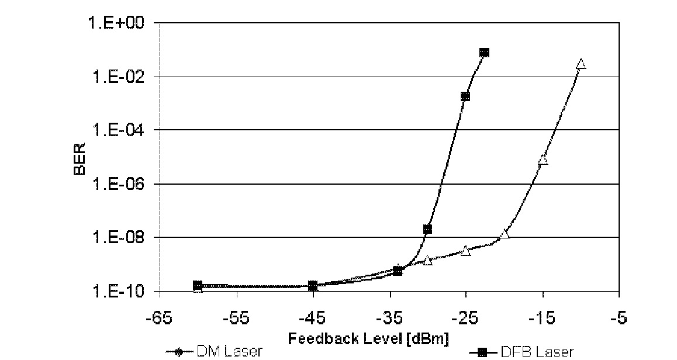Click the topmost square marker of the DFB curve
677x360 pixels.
(484, 53)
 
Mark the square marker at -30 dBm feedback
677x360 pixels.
(427, 229)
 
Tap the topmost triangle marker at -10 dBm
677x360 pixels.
(581, 64)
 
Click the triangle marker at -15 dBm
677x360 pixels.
(543, 160)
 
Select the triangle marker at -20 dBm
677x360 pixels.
(505, 234)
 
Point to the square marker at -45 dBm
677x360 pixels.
(313, 286)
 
